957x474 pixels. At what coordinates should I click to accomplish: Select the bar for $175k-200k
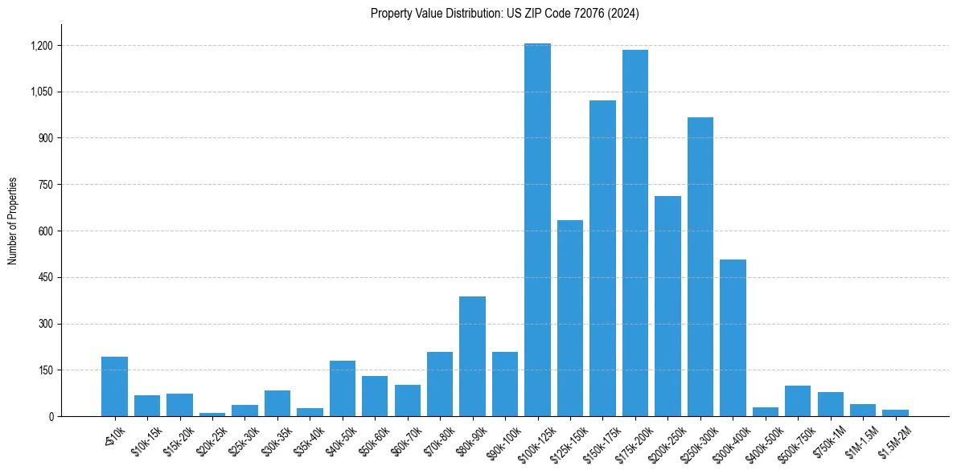point(635,233)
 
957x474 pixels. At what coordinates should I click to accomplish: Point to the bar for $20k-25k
point(212,415)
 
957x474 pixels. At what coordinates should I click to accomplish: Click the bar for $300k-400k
point(733,337)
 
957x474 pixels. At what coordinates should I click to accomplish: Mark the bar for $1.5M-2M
point(895,413)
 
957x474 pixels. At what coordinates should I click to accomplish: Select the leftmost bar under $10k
point(114,386)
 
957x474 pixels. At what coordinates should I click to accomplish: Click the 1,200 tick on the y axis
point(42,46)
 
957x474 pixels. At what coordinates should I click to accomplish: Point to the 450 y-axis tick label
point(45,278)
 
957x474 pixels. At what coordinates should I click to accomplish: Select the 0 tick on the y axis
point(51,417)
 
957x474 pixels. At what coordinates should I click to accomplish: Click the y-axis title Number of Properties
point(13,221)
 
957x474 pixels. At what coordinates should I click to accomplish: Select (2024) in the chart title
point(625,14)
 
